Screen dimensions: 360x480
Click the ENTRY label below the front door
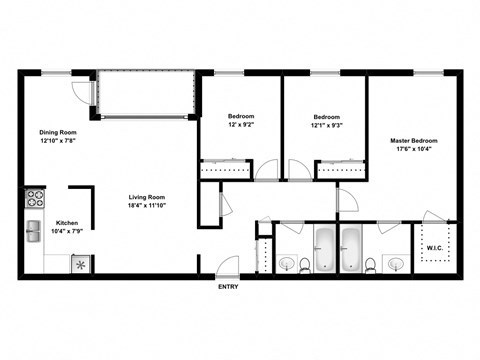tap(229, 288)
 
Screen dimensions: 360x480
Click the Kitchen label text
tap(68, 223)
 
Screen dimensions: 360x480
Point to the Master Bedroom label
tap(413, 141)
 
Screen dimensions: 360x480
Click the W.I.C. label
tap(435, 247)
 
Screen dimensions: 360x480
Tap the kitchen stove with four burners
tap(34, 196)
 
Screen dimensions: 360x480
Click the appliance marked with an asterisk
tap(79, 265)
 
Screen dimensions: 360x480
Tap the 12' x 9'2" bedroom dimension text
tap(241, 125)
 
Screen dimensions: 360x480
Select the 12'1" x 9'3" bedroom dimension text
tap(326, 125)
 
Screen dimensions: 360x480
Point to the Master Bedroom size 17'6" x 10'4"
tap(413, 151)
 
